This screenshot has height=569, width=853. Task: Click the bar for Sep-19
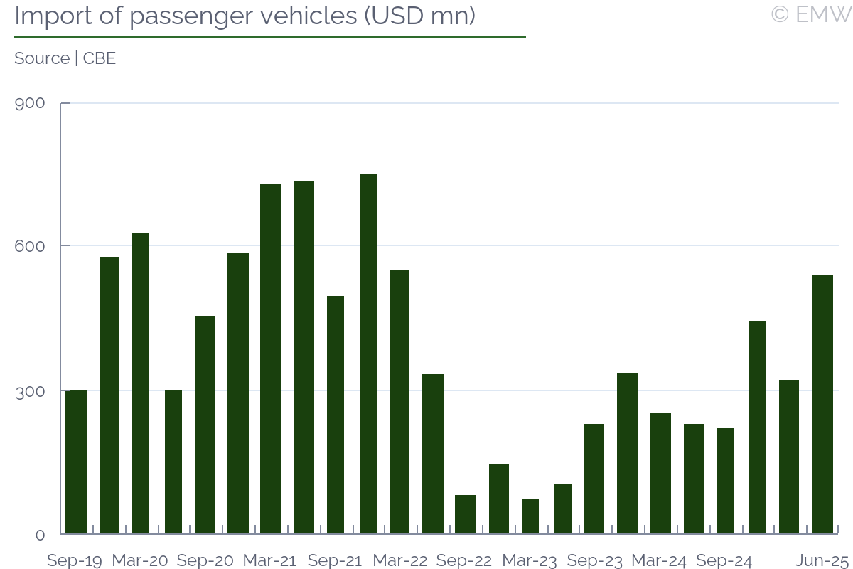pyautogui.click(x=76, y=462)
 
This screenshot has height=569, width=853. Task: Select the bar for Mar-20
pyautogui.click(x=141, y=383)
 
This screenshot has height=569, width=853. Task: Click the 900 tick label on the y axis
pyautogui.click(x=30, y=104)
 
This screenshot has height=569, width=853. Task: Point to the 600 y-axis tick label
pyautogui.click(x=30, y=246)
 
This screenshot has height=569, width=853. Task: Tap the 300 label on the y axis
pyautogui.click(x=30, y=391)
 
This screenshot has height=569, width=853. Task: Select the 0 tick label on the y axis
pyautogui.click(x=40, y=535)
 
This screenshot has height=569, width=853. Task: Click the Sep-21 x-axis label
pyautogui.click(x=335, y=560)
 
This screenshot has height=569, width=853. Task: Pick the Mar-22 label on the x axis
pyautogui.click(x=399, y=560)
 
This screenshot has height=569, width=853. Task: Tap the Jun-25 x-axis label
pyautogui.click(x=822, y=560)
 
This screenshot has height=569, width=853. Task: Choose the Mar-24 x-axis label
pyautogui.click(x=659, y=560)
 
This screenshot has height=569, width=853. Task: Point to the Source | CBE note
pyautogui.click(x=65, y=58)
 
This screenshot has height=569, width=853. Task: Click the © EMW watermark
pyautogui.click(x=811, y=14)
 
